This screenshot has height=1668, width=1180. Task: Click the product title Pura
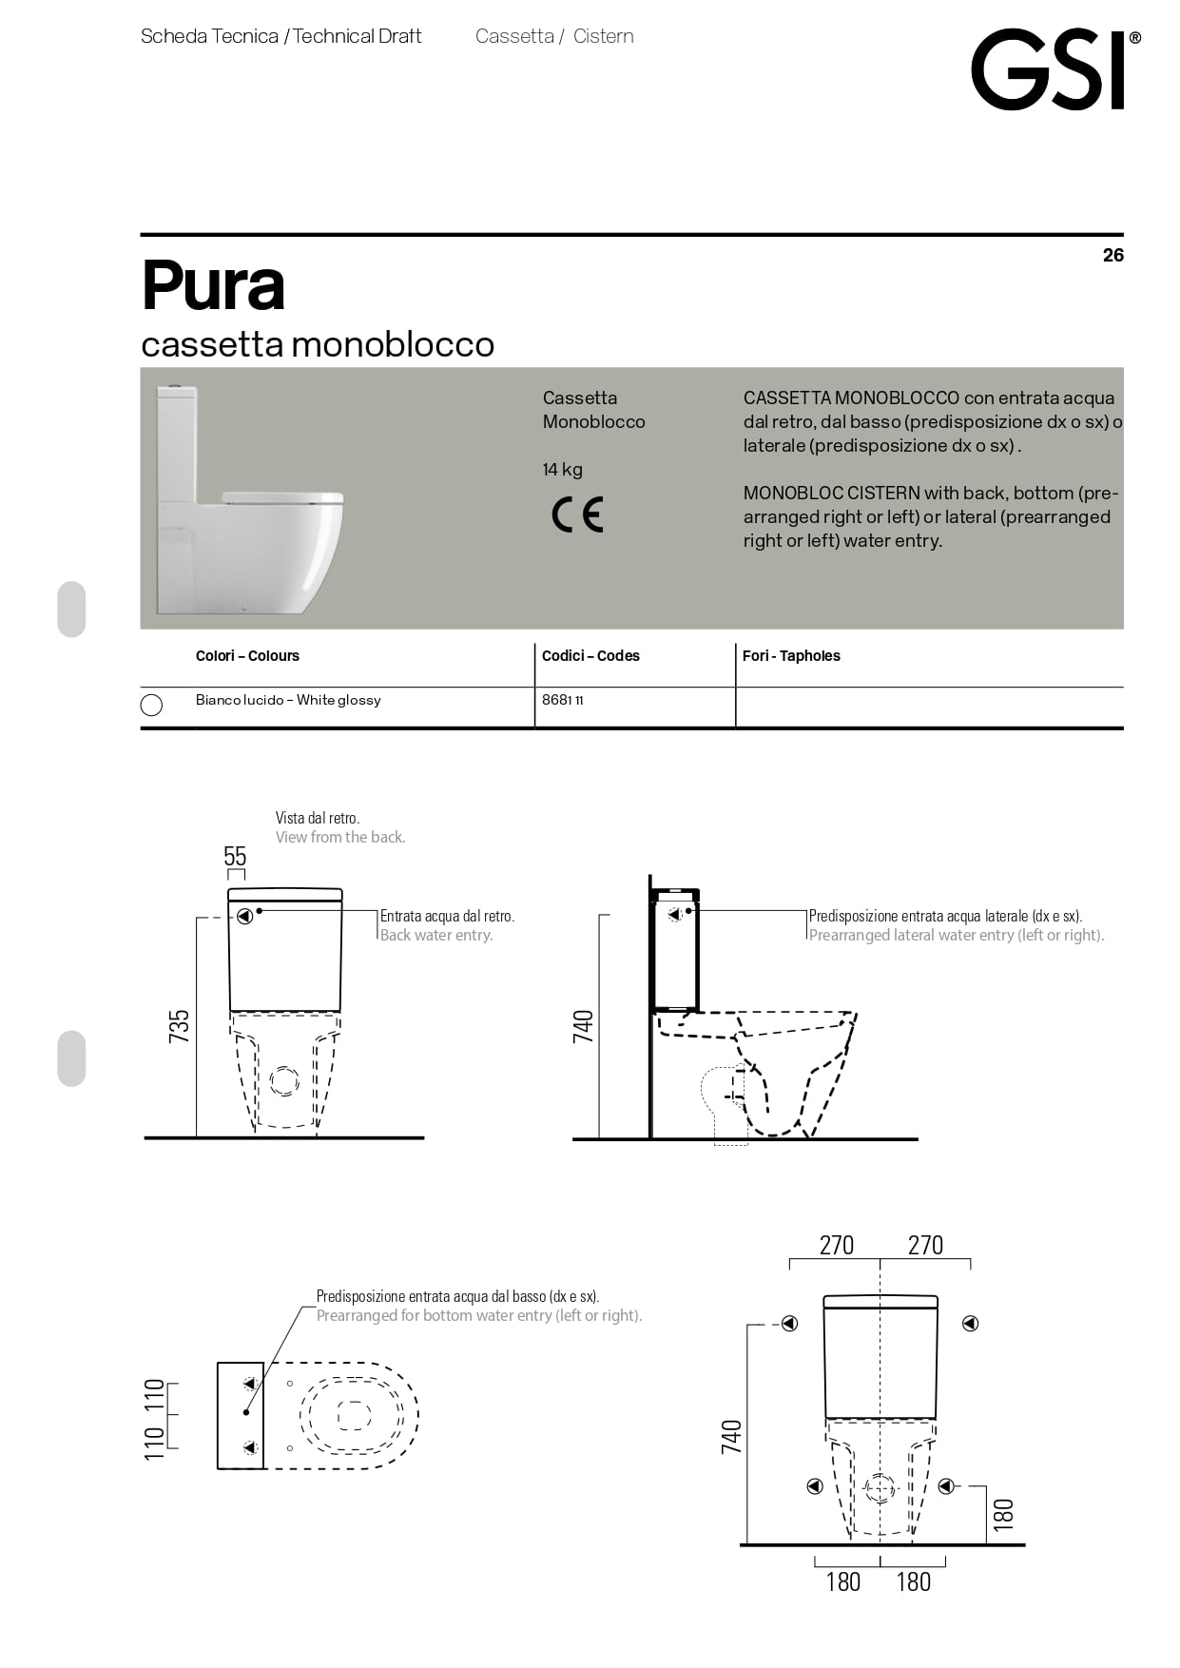[x=213, y=285]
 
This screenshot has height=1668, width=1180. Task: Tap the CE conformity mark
[x=577, y=514]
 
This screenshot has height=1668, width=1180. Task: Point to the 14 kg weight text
[x=562, y=470]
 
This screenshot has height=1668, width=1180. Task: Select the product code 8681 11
[x=562, y=700]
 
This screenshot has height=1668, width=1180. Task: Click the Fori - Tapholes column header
[x=791, y=656]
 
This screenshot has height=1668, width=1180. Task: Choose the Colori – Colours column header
[x=247, y=656]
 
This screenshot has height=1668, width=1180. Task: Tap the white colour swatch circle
[x=151, y=705]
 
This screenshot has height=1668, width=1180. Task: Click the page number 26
[x=1112, y=255]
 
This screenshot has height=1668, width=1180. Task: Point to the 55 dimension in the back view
[x=235, y=856]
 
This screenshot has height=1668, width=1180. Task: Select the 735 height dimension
[x=179, y=1026]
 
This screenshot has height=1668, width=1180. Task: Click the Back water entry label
[x=436, y=936]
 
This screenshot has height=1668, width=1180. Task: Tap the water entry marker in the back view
[x=245, y=916]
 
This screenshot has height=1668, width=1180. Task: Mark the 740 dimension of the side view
[x=583, y=1026]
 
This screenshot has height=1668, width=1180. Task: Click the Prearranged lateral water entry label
[x=956, y=936]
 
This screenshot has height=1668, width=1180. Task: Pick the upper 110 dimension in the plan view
[x=154, y=1395]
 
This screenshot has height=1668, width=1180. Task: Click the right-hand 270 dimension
[x=925, y=1245]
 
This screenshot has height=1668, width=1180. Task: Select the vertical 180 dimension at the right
[x=1003, y=1513]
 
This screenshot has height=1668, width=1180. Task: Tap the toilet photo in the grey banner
[x=249, y=499]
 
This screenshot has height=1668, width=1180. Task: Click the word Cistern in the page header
[x=604, y=36]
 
